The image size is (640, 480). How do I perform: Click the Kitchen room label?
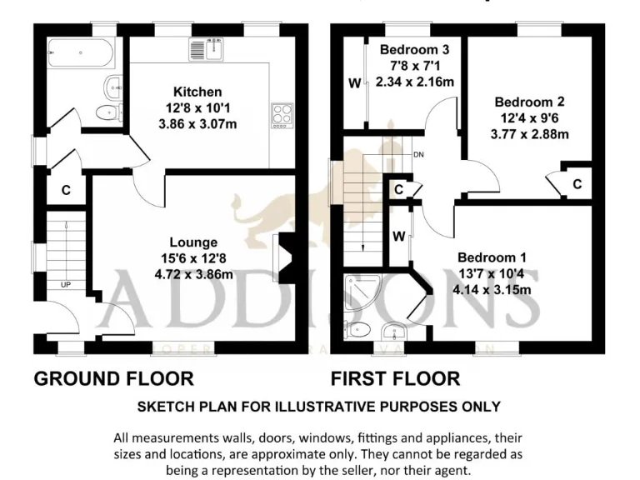(197, 92)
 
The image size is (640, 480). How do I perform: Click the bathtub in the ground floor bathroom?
(81, 54)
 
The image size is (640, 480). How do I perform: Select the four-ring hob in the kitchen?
(282, 115)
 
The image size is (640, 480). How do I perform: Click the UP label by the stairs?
(64, 285)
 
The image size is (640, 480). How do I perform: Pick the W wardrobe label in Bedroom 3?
(354, 83)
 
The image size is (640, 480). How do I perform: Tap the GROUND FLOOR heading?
(113, 379)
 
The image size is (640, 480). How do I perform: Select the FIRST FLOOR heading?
(395, 379)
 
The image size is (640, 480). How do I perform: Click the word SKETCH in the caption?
(166, 407)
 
